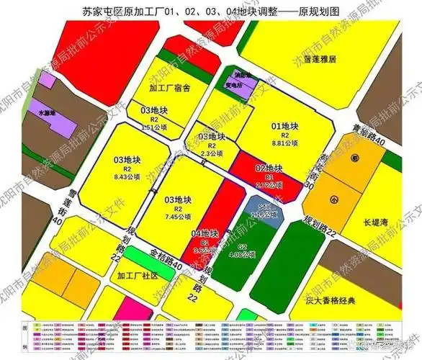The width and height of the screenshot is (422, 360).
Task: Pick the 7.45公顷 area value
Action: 176,215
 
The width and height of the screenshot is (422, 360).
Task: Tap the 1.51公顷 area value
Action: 152,127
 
